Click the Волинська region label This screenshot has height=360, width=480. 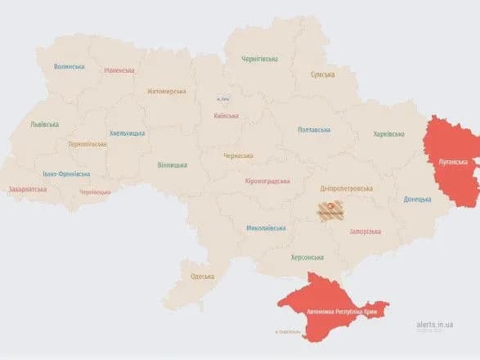(x=70, y=66)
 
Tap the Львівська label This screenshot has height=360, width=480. (x=44, y=124)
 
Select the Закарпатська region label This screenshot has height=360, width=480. (x=28, y=189)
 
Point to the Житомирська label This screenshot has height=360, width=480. (x=167, y=92)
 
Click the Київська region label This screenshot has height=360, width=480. (x=225, y=116)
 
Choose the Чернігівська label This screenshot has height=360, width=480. (x=259, y=59)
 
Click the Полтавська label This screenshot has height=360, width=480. (x=314, y=129)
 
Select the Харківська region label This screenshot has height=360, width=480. (x=388, y=133)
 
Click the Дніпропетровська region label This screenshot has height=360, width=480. (x=347, y=187)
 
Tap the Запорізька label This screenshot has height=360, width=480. (x=365, y=232)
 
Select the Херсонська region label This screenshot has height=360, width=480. (x=307, y=257)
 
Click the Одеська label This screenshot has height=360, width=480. (x=202, y=276)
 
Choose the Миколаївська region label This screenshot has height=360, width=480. (x=266, y=228)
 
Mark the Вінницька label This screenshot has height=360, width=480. (x=173, y=165)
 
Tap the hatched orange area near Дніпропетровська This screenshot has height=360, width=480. (x=331, y=210)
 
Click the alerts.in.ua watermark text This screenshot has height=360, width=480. (x=434, y=325)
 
